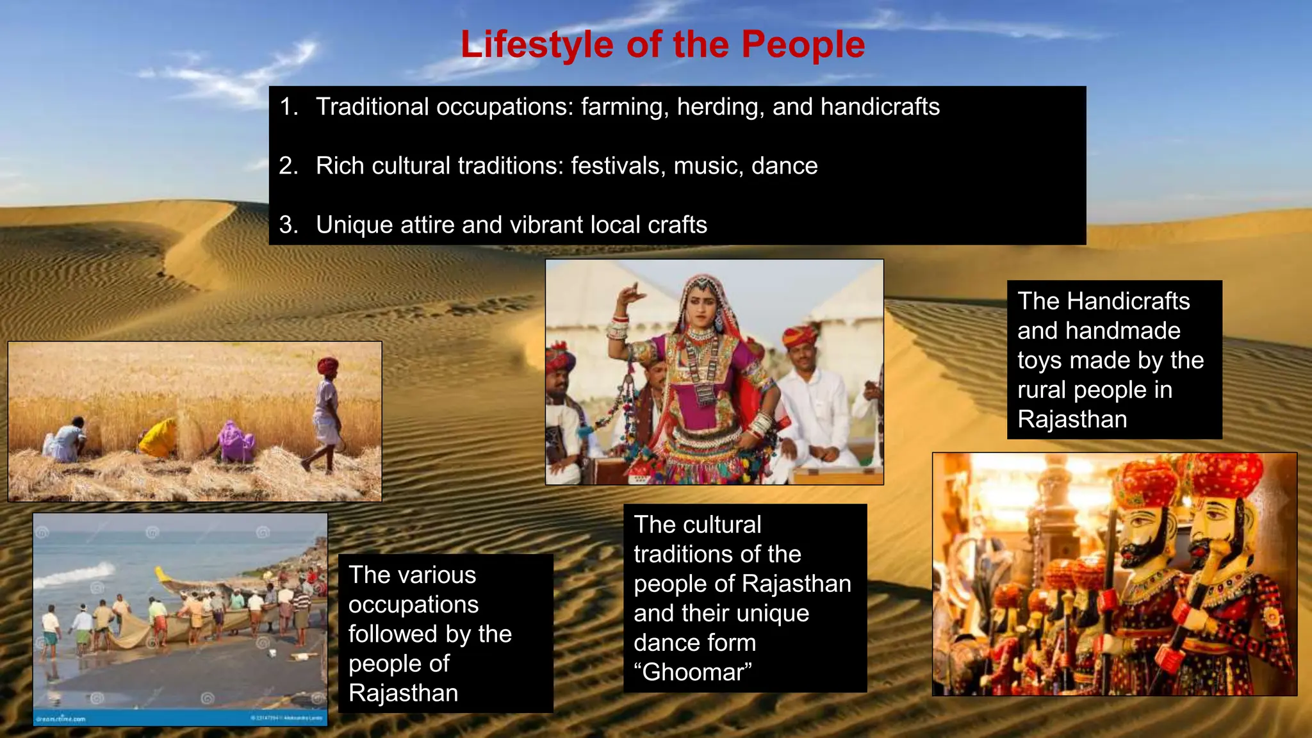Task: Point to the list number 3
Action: (x=288, y=225)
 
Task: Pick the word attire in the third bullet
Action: (x=427, y=225)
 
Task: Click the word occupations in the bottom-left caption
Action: (x=413, y=604)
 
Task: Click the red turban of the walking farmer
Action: (x=327, y=366)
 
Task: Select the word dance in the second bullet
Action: (x=784, y=166)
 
